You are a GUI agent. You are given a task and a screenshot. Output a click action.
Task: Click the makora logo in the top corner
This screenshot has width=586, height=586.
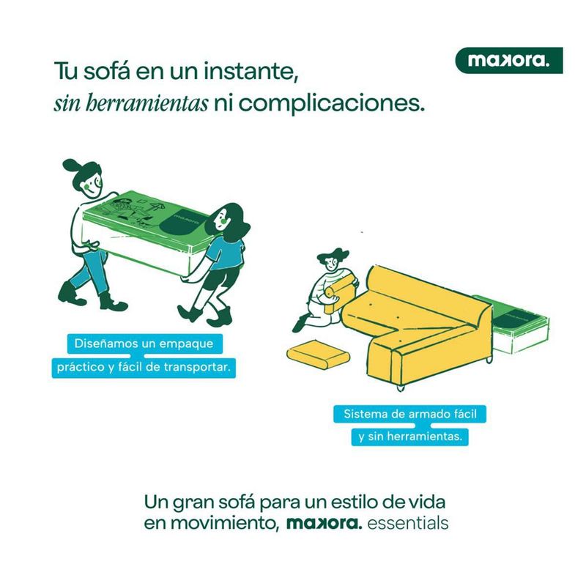point(508,60)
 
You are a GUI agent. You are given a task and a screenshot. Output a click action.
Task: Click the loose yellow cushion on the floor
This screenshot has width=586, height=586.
point(319,354)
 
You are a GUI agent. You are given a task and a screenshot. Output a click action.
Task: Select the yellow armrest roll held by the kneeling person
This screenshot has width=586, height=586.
point(339,289)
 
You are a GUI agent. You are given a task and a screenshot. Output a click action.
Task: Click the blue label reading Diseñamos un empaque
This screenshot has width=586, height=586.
point(144,344)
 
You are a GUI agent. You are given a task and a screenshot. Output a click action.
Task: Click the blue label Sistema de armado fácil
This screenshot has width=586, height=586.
point(409,414)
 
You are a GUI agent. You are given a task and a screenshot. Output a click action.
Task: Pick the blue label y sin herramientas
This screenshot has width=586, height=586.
point(409,437)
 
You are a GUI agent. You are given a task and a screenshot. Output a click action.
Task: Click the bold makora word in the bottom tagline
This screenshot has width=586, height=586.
point(324,522)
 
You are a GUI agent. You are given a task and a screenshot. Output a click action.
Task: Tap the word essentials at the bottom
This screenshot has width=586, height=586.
point(408,523)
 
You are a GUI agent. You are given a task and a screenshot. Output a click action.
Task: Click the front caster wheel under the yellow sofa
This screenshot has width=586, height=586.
point(400,387)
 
